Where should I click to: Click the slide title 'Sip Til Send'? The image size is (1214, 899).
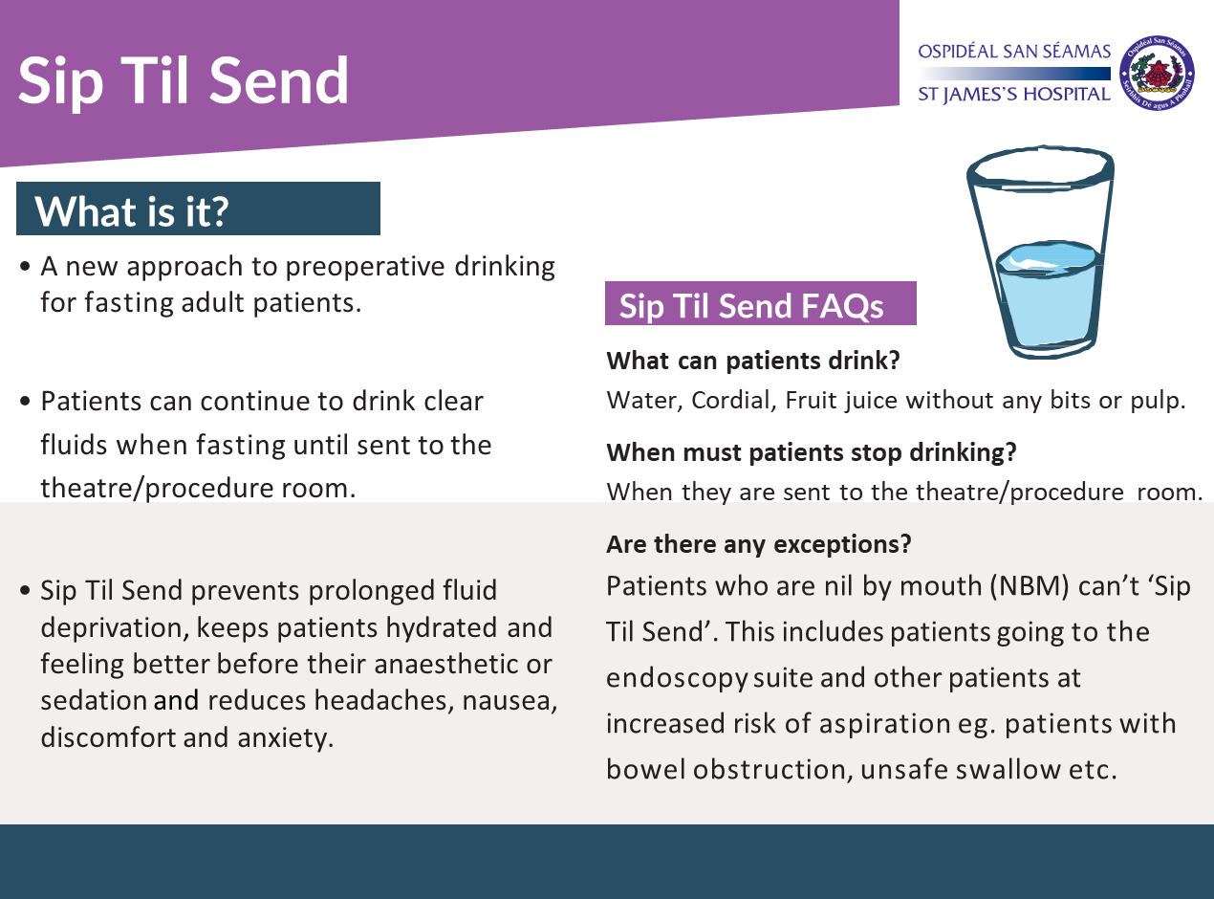(184, 80)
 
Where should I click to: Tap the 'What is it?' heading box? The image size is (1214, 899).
(198, 209)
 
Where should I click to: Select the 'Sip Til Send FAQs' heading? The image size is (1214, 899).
(760, 305)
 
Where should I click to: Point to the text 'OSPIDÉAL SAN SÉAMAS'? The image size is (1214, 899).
(1013, 52)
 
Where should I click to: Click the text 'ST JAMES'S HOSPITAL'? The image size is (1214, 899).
(1013, 95)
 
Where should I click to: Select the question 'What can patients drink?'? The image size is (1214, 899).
(754, 362)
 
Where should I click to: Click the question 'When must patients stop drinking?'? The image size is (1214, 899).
(811, 451)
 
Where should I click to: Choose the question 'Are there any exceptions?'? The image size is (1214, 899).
(758, 544)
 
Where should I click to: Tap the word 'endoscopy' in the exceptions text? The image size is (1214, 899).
(677, 678)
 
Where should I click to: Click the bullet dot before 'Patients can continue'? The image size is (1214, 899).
(27, 403)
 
